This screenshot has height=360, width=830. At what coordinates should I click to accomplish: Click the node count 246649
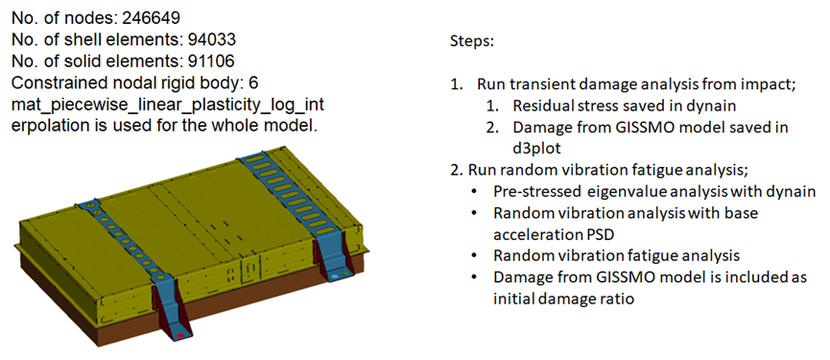(x=152, y=18)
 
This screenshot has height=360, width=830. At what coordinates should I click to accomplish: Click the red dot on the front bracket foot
(x=180, y=336)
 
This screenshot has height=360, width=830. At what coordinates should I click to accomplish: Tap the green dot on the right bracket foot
(x=346, y=274)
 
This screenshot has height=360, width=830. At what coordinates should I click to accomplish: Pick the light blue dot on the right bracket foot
(x=334, y=276)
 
